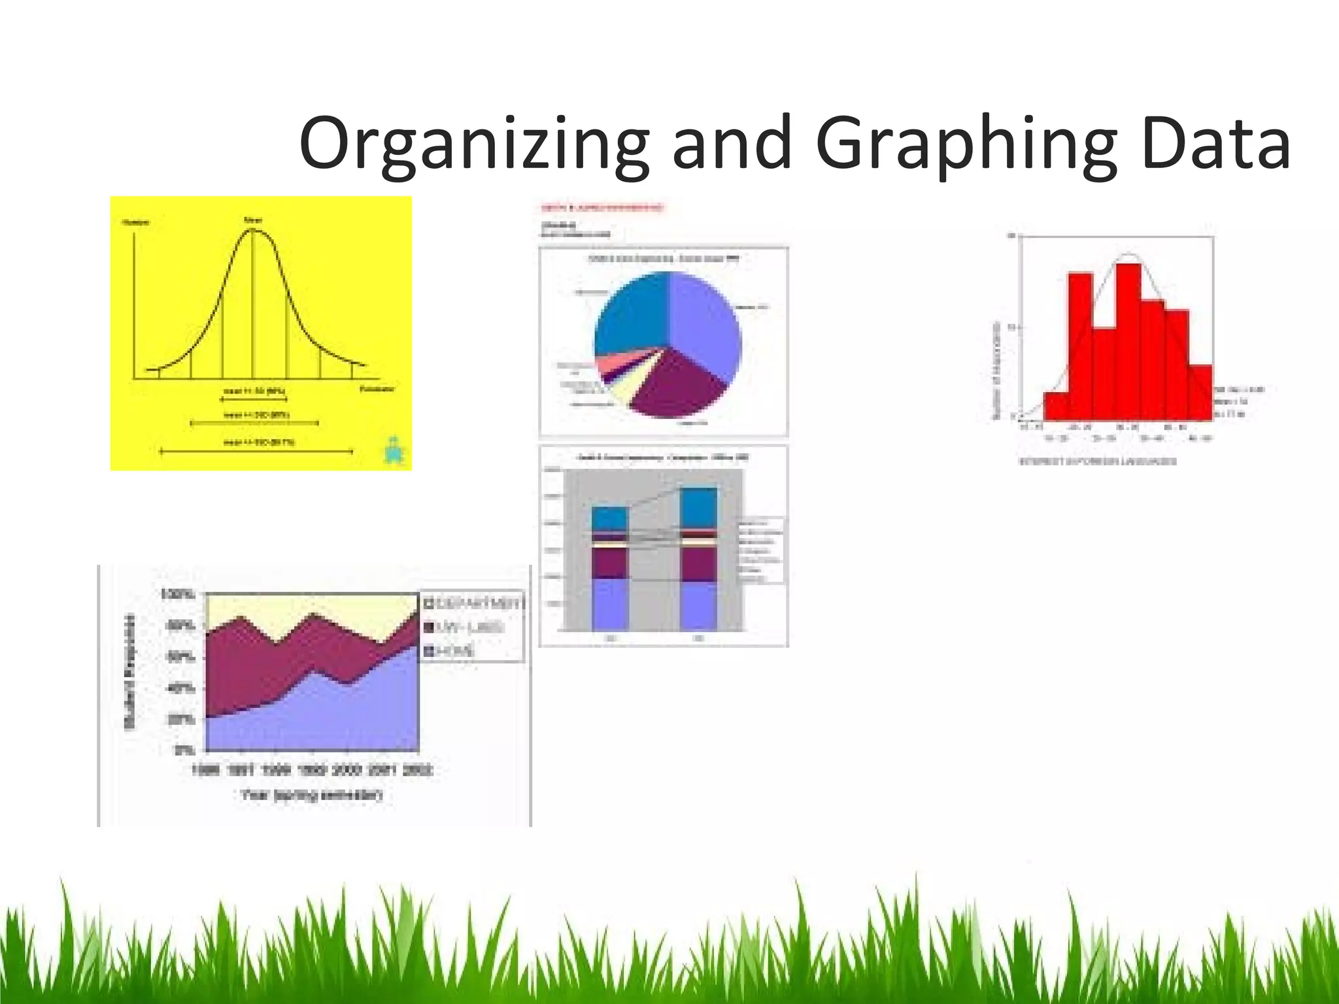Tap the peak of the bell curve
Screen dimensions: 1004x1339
point(253,230)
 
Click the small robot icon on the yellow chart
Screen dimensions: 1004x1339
point(394,450)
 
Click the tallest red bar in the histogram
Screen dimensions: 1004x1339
point(1128,340)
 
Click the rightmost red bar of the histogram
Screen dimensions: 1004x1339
point(1200,392)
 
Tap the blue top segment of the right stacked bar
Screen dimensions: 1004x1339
point(698,507)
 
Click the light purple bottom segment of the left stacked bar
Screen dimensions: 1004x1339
point(609,604)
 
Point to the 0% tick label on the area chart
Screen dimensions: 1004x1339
point(182,750)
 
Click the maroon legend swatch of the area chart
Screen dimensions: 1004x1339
point(430,627)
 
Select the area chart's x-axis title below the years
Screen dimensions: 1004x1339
point(311,795)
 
